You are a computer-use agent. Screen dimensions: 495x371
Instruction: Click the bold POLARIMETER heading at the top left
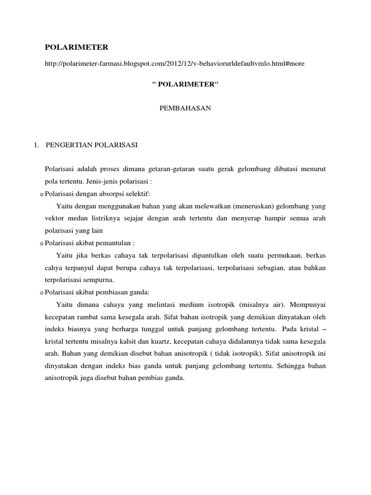(x=76, y=47)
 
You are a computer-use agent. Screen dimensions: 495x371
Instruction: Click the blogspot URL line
(x=174, y=64)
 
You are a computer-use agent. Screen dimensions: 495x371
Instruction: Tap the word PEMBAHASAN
(x=185, y=109)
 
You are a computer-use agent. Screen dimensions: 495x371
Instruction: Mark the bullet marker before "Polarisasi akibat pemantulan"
(x=41, y=243)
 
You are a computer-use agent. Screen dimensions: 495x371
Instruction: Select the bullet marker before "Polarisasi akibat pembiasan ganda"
(x=41, y=292)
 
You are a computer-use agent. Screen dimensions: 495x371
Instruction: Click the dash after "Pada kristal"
(x=323, y=329)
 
